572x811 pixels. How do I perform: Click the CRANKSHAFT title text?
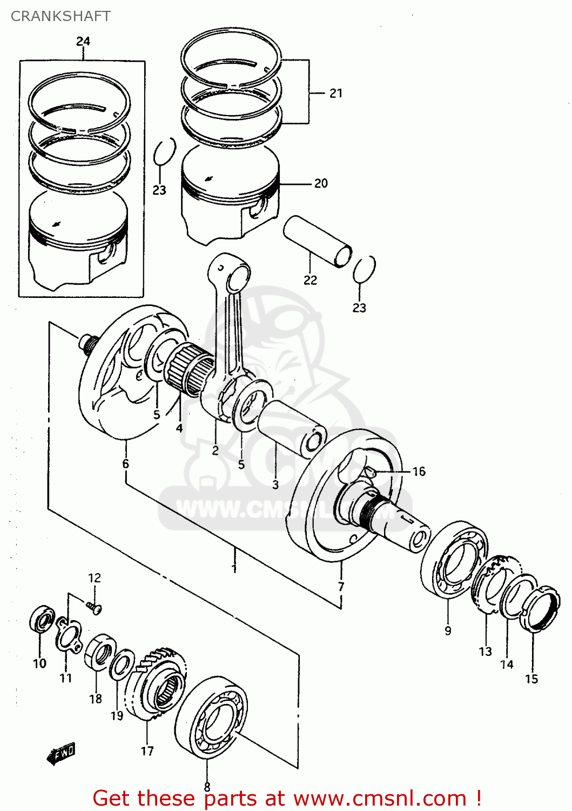coord(60,16)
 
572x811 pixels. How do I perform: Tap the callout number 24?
coord(83,41)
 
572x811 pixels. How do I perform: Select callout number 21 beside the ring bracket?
coord(336,93)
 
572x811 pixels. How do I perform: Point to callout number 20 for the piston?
coord(321,183)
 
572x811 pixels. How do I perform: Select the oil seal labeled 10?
coord(42,620)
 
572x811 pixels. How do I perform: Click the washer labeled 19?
coord(122,664)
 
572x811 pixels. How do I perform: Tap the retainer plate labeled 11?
coord(68,635)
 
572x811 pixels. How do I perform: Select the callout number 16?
coord(419,471)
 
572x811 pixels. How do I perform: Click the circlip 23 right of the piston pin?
coord(364,269)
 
